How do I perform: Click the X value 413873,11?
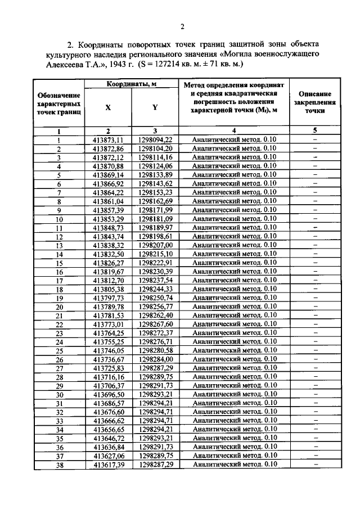(x=108, y=139)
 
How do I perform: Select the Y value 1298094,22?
(x=155, y=139)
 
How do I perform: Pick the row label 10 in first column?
(x=58, y=219)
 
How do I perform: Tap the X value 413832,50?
(x=108, y=254)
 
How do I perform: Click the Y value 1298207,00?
(x=155, y=245)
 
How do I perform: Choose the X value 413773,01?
(x=108, y=325)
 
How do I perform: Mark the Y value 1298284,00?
(x=155, y=359)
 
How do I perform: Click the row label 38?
(x=58, y=465)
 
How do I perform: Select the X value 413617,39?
(x=108, y=465)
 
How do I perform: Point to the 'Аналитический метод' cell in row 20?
(x=231, y=307)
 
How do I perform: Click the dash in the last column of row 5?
(x=314, y=175)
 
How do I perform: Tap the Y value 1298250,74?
(x=155, y=298)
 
